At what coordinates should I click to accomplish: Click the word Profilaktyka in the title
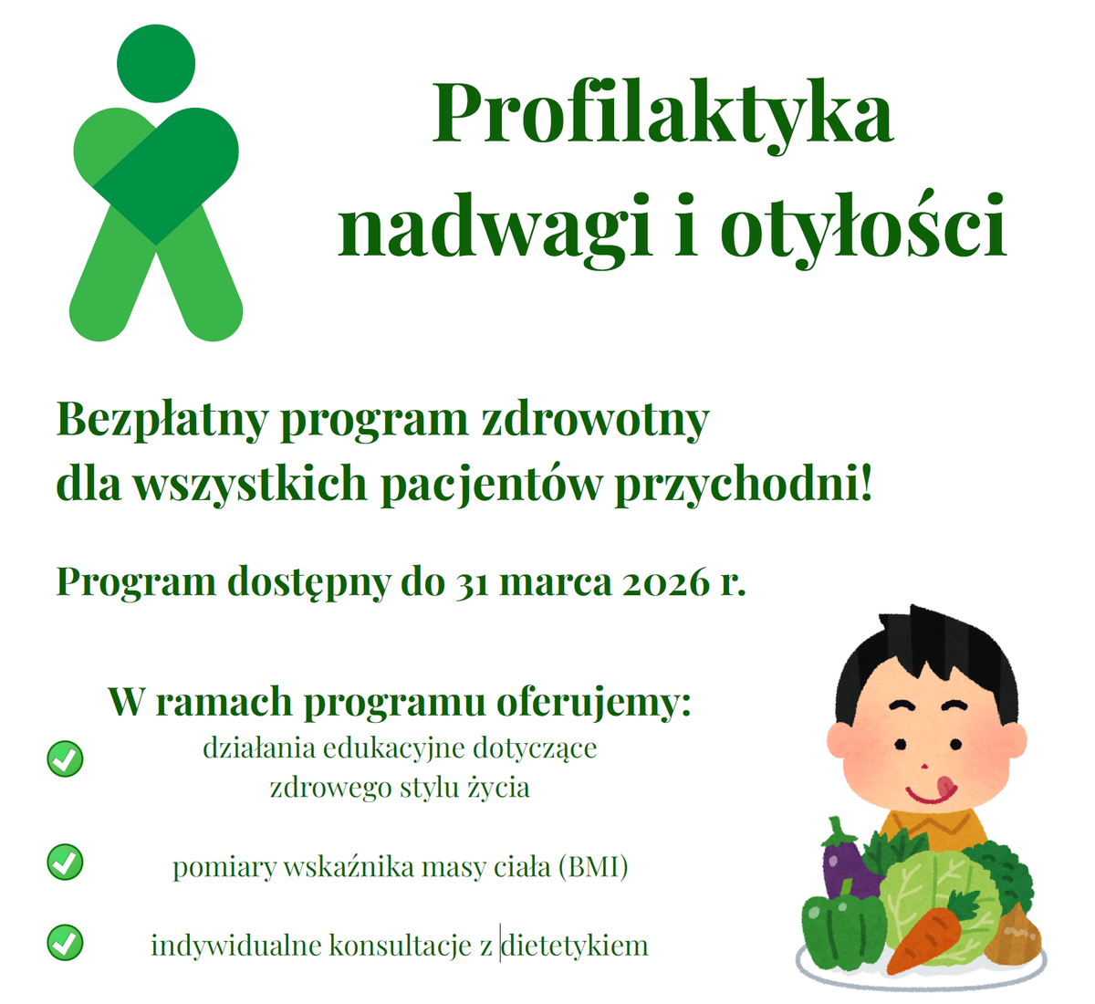(662, 116)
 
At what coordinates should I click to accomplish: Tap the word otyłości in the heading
(863, 225)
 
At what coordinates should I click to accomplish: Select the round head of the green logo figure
(156, 63)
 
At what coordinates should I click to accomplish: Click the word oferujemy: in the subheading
(593, 703)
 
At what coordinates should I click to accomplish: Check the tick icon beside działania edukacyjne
(65, 758)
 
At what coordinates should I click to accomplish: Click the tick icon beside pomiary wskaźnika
(65, 863)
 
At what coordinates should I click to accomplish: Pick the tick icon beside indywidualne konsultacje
(65, 942)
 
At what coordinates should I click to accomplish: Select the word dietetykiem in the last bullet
(575, 946)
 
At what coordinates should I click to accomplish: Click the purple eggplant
(849, 858)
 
